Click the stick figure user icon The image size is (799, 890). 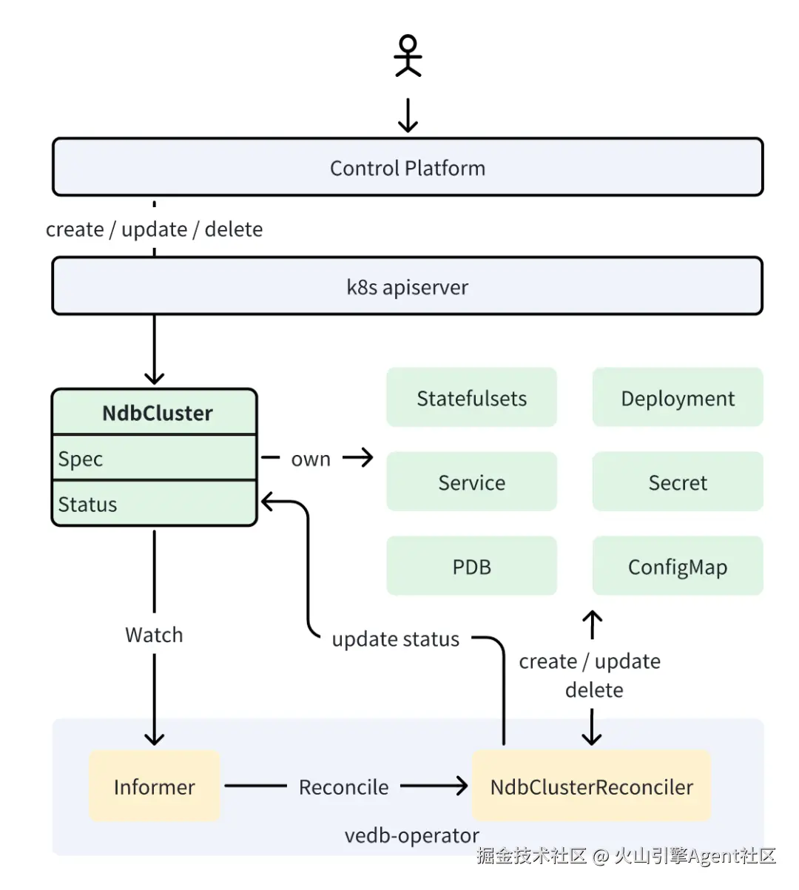408,56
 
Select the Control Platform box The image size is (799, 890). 408,168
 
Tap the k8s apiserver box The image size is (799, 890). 408,287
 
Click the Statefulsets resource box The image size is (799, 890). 471,398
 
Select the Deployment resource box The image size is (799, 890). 678,398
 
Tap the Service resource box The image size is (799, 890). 471,482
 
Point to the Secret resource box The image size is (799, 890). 678,482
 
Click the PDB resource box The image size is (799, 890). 471,567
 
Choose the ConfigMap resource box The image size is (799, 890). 678,567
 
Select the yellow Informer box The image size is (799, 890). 155,786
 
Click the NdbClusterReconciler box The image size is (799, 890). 592,786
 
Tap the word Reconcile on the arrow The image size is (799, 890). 343,786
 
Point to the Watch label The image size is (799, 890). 154,635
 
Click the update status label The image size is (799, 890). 395,639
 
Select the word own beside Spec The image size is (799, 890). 311,459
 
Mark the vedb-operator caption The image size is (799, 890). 411,836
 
